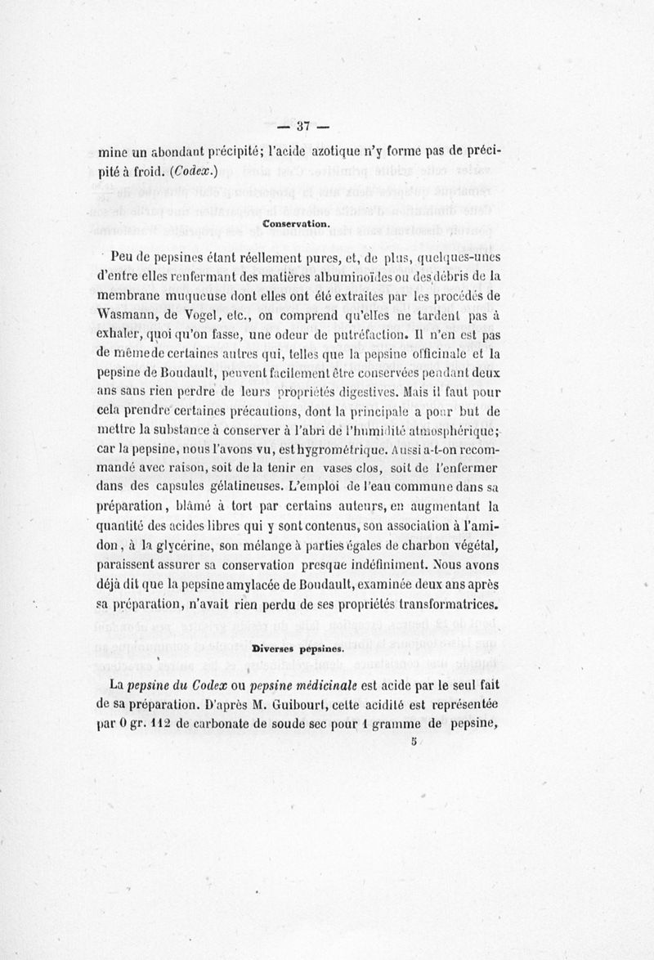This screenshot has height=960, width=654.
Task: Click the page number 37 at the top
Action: tap(301, 126)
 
